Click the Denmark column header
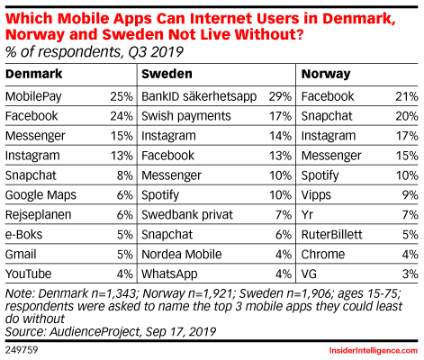click(33, 74)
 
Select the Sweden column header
click(167, 74)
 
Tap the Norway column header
click(326, 74)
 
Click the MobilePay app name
click(33, 97)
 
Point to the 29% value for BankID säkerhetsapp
click(280, 96)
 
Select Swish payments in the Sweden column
click(186, 116)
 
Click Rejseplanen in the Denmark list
click(38, 215)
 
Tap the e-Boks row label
click(23, 235)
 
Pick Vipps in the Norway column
click(316, 195)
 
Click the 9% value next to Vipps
click(410, 195)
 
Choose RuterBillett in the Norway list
click(331, 235)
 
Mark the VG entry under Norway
click(309, 274)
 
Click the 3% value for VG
click(410, 274)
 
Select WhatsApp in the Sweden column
click(169, 274)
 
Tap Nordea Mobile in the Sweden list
click(182, 255)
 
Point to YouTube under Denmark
click(28, 274)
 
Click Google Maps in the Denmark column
click(41, 195)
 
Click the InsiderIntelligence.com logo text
click(374, 351)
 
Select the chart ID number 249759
click(22, 350)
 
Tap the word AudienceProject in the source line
click(95, 332)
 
